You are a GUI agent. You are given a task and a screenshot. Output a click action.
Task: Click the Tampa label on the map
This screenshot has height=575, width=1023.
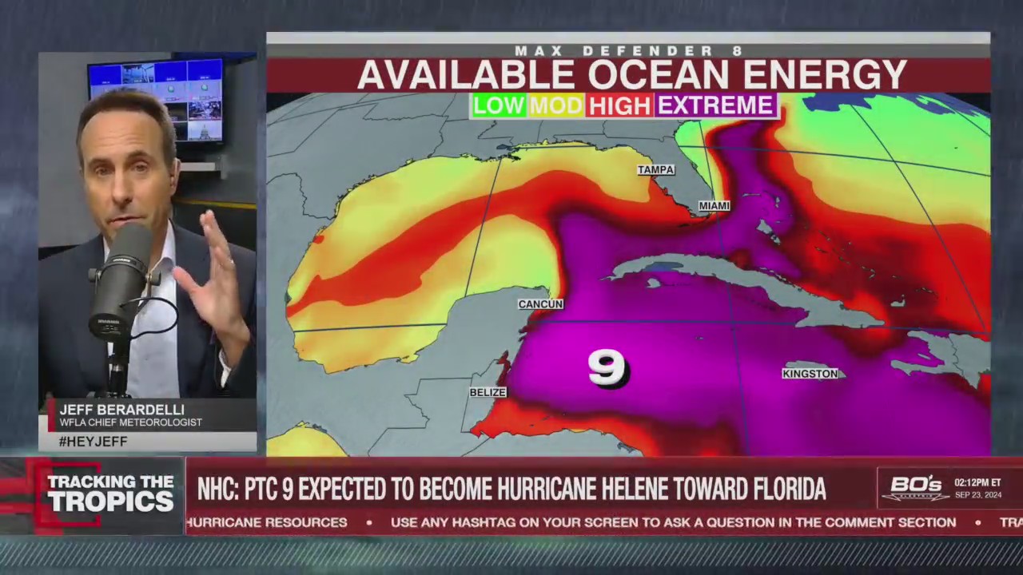(656, 170)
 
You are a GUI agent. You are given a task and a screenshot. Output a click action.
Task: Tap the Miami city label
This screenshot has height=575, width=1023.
(714, 206)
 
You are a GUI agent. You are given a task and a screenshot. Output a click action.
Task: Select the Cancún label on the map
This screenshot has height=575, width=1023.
(540, 304)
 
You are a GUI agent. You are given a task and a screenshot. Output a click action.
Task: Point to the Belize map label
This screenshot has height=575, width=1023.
(488, 392)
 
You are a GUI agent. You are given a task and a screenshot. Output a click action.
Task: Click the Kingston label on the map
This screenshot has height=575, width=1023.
(810, 374)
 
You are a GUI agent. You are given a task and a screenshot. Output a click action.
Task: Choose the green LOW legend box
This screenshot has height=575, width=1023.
(498, 105)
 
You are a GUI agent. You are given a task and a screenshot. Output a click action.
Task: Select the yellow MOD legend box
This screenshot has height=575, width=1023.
(555, 105)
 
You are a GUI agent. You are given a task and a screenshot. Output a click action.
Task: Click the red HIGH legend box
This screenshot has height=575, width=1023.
(619, 105)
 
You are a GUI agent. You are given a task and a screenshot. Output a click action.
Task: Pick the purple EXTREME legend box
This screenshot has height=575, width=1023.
(715, 105)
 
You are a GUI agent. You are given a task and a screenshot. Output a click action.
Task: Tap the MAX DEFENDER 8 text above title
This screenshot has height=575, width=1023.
(628, 51)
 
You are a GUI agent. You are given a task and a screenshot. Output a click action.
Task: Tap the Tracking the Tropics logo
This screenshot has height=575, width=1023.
(110, 493)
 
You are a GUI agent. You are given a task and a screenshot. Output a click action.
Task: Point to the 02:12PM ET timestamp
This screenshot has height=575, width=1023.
(979, 482)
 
